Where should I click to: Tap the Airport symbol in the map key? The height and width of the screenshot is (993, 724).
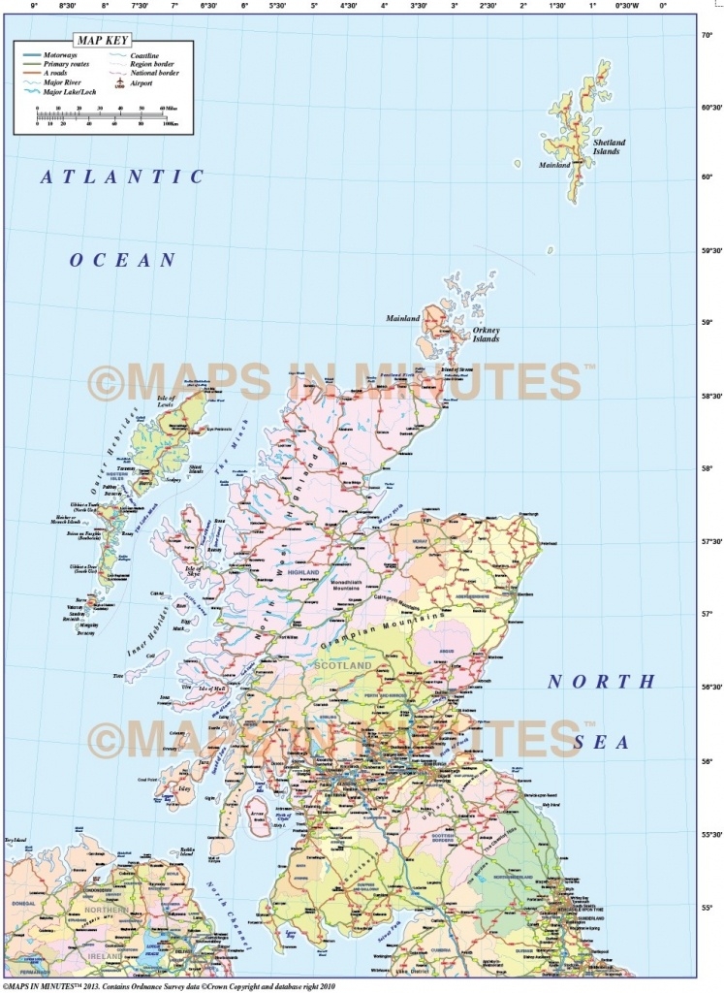[120, 83]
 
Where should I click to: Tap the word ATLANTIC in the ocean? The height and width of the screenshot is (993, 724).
[122, 176]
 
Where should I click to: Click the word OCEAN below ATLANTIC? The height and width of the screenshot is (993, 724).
[122, 260]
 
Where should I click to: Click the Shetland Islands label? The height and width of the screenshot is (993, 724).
[610, 147]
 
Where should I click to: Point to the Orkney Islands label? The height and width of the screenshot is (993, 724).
[486, 335]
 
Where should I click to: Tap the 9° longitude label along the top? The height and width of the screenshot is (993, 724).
[35, 6]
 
